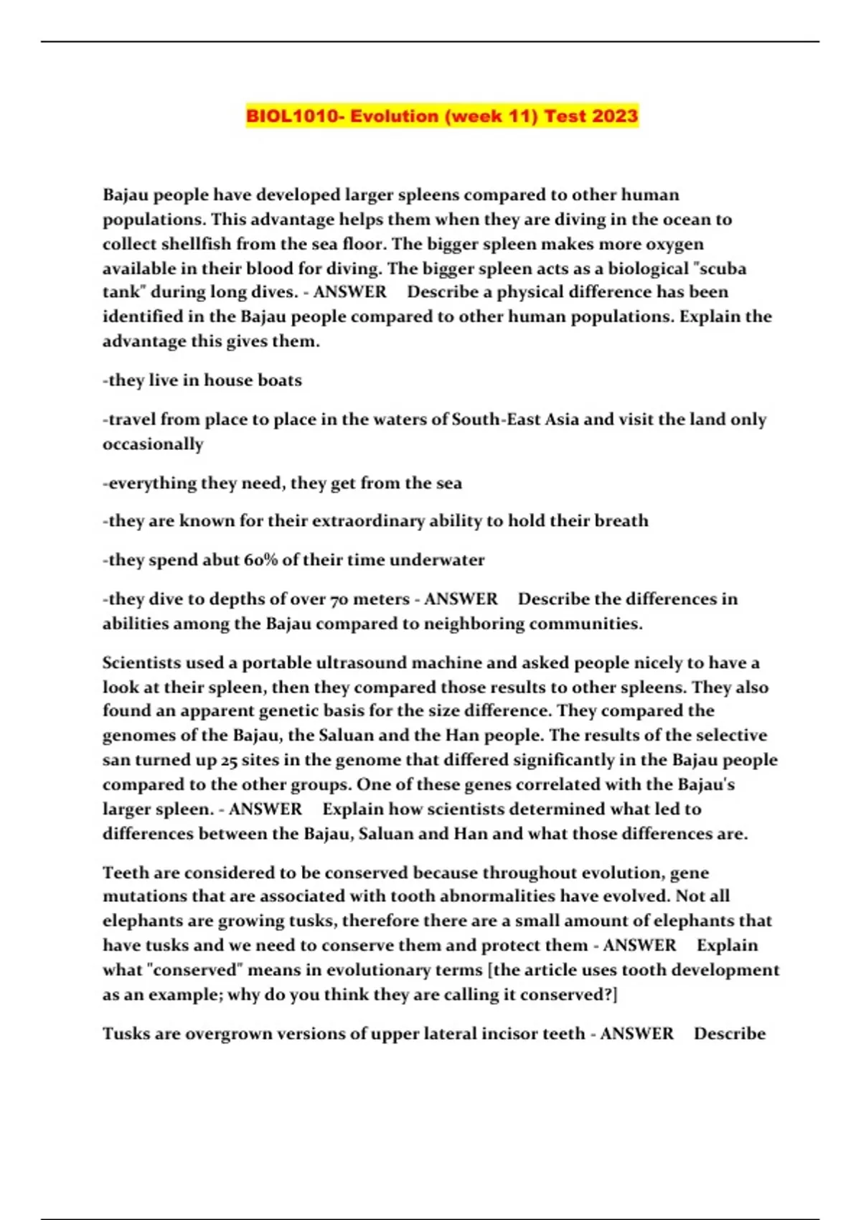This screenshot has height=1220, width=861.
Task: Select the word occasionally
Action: click(x=153, y=444)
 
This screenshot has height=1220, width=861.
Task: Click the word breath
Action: click(x=621, y=521)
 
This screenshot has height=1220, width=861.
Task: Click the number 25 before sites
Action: click(x=230, y=760)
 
